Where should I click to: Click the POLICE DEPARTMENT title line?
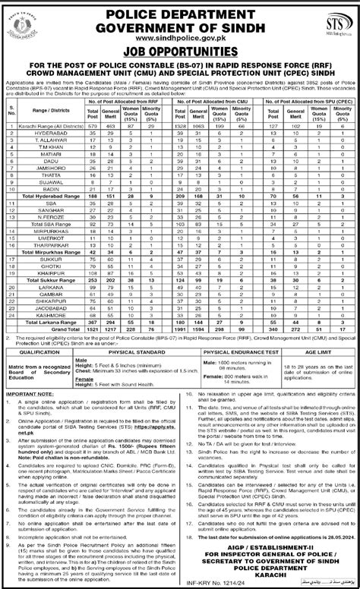tap(181, 9)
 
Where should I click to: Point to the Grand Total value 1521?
tap(92, 307)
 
